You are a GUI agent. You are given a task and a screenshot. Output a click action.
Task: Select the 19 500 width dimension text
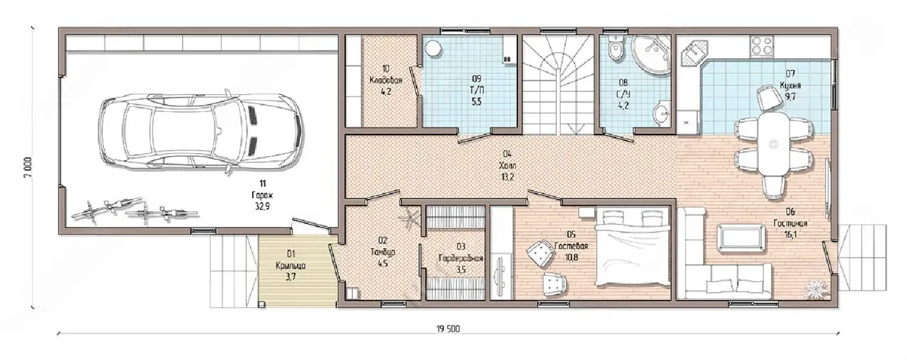pyautogui.click(x=448, y=329)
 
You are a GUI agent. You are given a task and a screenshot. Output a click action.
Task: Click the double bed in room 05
pyautogui.click(x=633, y=247)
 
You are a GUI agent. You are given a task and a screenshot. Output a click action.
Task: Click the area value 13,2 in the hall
pyautogui.click(x=507, y=176)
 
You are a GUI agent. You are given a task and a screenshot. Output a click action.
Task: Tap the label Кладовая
pyautogui.click(x=385, y=80)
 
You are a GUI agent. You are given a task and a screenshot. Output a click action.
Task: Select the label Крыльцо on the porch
pyautogui.click(x=291, y=266)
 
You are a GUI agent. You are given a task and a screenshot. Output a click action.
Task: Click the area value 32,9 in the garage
pyautogui.click(x=262, y=206)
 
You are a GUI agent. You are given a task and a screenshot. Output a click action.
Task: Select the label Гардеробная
pyautogui.click(x=461, y=258)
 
